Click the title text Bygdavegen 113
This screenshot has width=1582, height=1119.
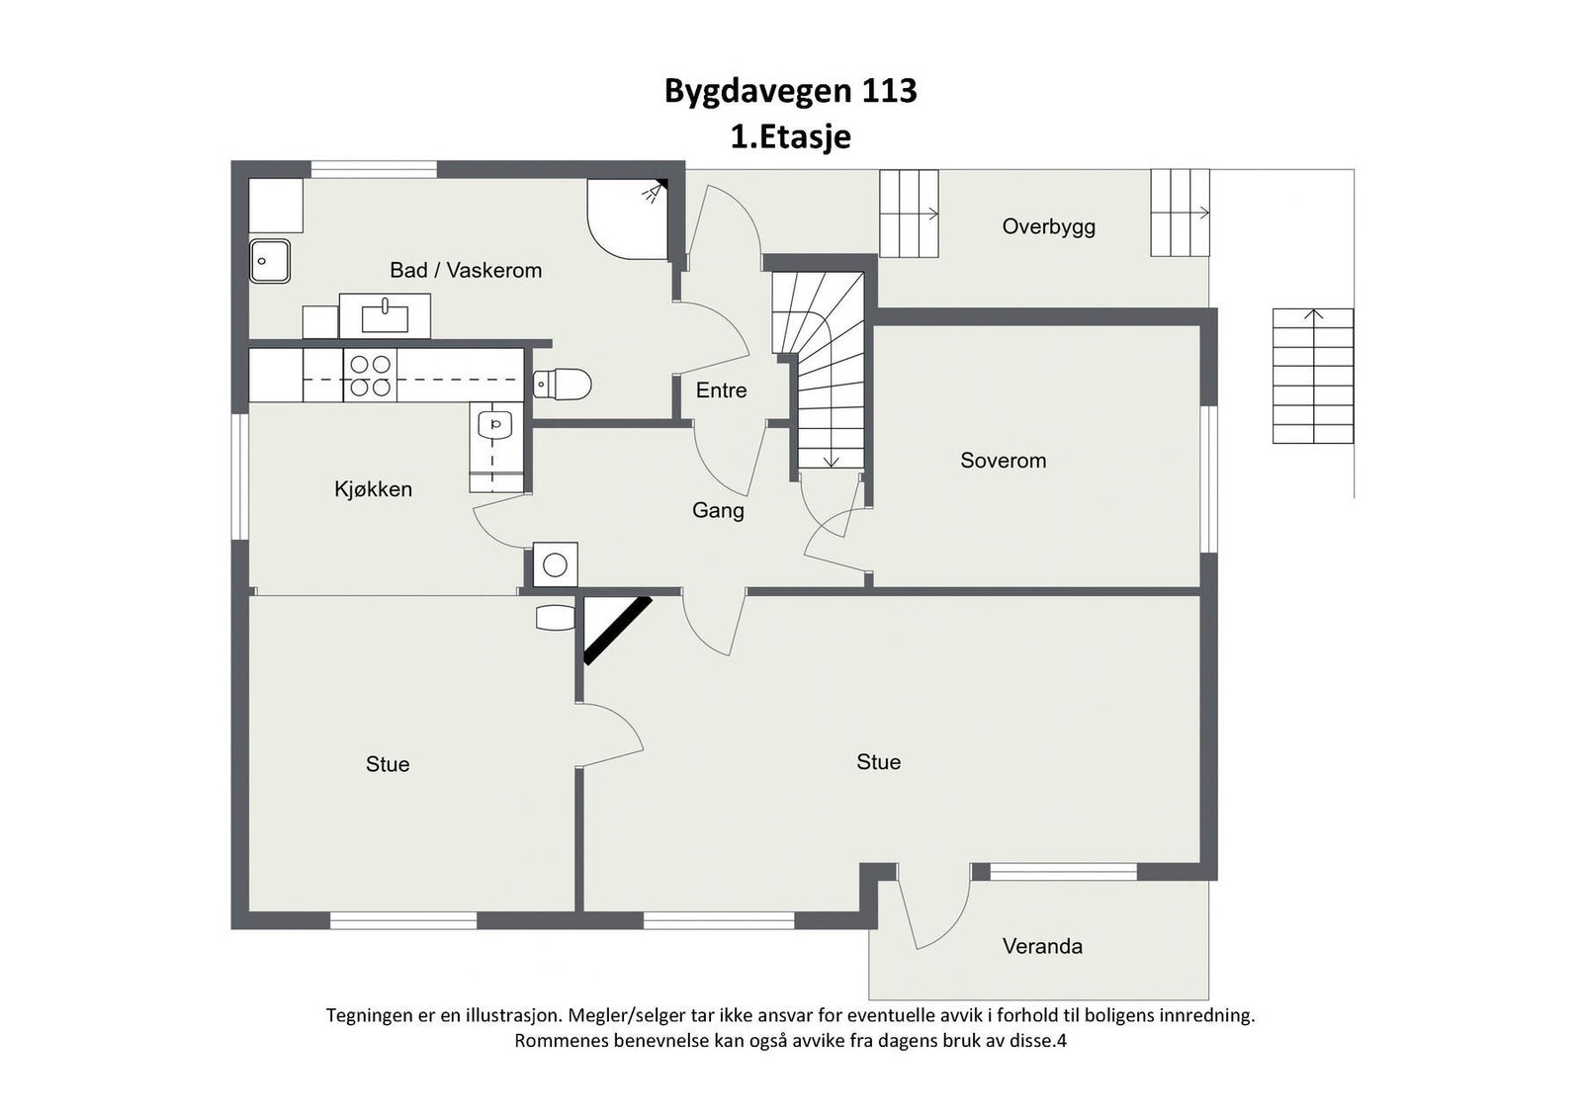[x=790, y=91]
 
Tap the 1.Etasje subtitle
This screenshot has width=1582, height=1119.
[x=790, y=136]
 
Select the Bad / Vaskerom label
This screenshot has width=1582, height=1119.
[x=466, y=270]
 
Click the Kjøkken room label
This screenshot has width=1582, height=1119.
[x=373, y=489]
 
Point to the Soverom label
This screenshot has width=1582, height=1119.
[x=1003, y=461]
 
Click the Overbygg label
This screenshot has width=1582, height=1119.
[x=1048, y=226]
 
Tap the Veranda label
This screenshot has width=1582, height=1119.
[x=1042, y=946]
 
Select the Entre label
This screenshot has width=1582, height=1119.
[x=721, y=390]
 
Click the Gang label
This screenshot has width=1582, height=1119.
[x=718, y=510]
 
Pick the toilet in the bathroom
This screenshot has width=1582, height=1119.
[x=563, y=384]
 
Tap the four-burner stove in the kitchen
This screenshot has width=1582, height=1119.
[x=370, y=376]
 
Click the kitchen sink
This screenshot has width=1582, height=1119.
[x=495, y=425]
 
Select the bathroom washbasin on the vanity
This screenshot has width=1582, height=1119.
[x=385, y=317]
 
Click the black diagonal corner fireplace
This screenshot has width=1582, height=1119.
[x=616, y=629]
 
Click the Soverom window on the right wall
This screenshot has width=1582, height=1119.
[x=1207, y=478]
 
